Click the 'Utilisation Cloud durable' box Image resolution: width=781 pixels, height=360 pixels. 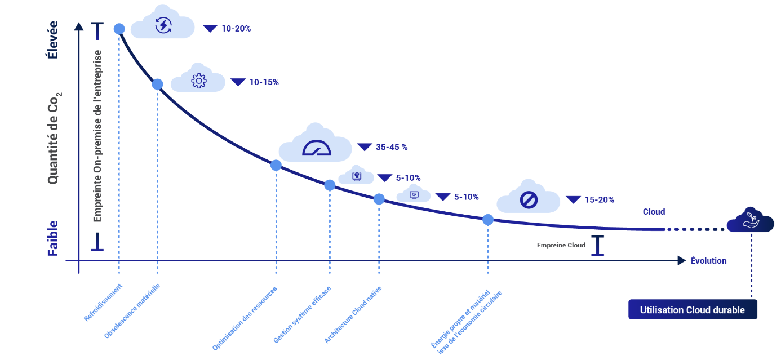click(x=693, y=310)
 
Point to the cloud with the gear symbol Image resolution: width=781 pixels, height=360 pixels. click(x=198, y=80)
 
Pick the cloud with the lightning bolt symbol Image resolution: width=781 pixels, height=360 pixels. click(x=163, y=24)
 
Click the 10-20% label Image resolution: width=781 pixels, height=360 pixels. click(x=236, y=28)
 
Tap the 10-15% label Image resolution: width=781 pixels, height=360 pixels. click(x=264, y=82)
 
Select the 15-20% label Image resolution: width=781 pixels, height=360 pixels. click(x=599, y=199)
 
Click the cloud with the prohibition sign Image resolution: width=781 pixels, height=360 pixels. click(x=528, y=198)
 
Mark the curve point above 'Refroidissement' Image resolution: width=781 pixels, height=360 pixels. click(x=119, y=29)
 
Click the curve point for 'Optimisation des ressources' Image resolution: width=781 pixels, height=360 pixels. click(x=276, y=165)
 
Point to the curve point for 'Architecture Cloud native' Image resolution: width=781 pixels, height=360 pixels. click(x=379, y=199)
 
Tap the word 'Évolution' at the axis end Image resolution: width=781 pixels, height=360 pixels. click(x=708, y=261)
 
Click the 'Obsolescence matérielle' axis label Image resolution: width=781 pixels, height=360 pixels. click(x=133, y=310)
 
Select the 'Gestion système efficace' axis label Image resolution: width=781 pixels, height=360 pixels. click(x=302, y=314)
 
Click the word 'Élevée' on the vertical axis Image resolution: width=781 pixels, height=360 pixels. click(x=53, y=39)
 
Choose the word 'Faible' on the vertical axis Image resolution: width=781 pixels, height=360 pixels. click(x=53, y=238)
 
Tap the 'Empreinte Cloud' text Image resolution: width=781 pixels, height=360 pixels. click(x=561, y=245)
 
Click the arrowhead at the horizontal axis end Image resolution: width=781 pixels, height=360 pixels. click(x=682, y=260)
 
